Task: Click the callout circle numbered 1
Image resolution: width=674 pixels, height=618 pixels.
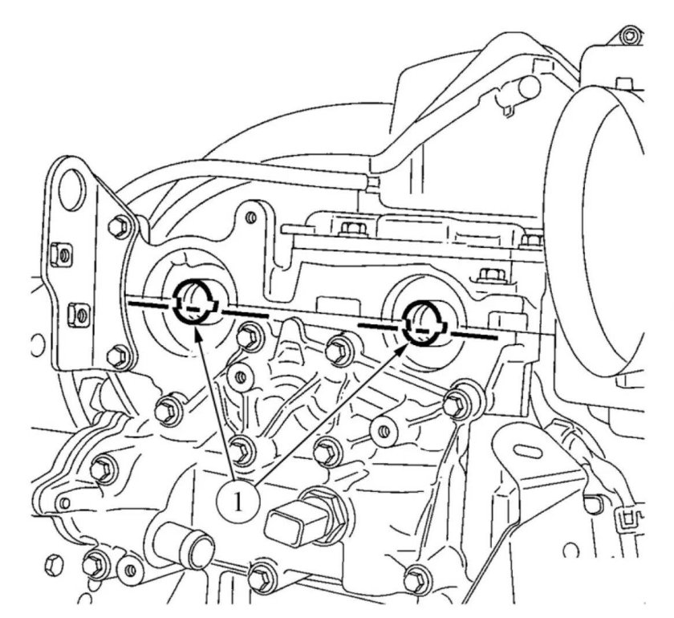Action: pyautogui.click(x=238, y=502)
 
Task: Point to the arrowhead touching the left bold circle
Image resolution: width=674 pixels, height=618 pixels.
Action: pyautogui.click(x=198, y=331)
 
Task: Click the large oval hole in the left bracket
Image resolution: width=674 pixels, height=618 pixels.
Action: pyautogui.click(x=71, y=189)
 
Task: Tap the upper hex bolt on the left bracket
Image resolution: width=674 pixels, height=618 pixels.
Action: pyautogui.click(x=119, y=226)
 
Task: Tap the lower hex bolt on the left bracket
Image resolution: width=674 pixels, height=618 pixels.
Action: pyautogui.click(x=119, y=356)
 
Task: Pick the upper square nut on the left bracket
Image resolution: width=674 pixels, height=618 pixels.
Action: pyautogui.click(x=61, y=255)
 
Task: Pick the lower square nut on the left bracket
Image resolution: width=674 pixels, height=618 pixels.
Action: pyautogui.click(x=79, y=315)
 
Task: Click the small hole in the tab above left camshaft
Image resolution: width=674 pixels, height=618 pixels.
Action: pyautogui.click(x=252, y=218)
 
